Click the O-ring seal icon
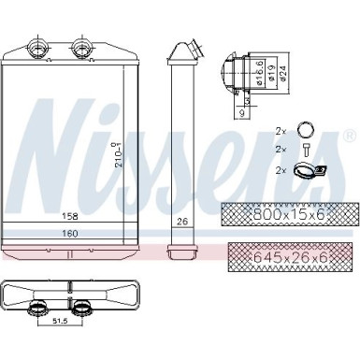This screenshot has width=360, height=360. tap(304, 131)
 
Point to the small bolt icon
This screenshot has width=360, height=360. tap(304, 150)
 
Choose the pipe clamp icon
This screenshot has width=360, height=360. tap(306, 170)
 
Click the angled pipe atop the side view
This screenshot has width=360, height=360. tap(186, 51)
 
